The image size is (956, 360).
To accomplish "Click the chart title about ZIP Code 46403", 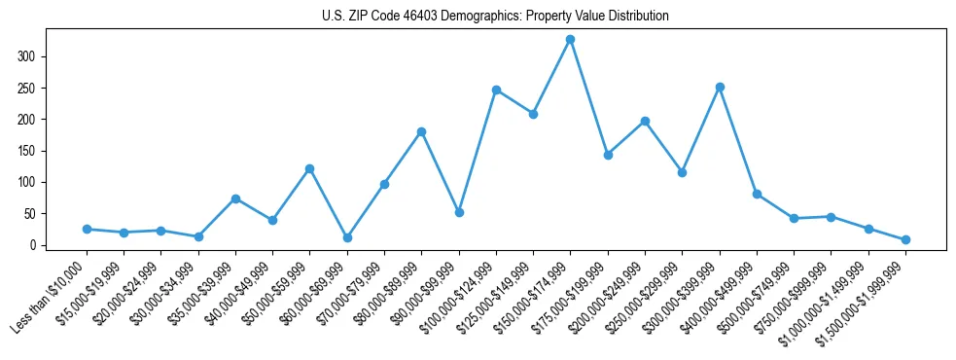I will [495, 17].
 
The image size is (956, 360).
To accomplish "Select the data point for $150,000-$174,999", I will [571, 40].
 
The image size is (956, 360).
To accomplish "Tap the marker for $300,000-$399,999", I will [720, 87].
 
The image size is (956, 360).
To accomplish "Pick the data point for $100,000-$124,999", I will [496, 90].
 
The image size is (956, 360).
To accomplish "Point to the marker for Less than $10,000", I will [87, 229].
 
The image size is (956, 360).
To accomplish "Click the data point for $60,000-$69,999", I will [347, 237].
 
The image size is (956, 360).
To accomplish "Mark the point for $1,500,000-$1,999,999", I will [905, 239].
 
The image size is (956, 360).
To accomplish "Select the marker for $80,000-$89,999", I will [421, 131].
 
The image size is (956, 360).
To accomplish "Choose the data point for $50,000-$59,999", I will [309, 168].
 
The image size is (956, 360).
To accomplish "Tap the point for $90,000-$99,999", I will [459, 212].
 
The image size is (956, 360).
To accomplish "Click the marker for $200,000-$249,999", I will [645, 121].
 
